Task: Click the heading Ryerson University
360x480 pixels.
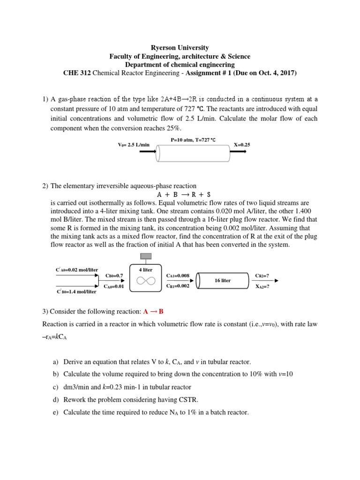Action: click(180, 48)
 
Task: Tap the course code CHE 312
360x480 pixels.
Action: click(76, 73)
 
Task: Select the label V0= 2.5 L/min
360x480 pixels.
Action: click(134, 145)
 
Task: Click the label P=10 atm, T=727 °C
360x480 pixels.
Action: click(193, 140)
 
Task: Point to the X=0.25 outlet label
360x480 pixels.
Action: click(242, 145)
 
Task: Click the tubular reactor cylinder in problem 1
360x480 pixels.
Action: click(193, 153)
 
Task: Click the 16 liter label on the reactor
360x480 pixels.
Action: click(223, 280)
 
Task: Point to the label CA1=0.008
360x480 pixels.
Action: click(178, 276)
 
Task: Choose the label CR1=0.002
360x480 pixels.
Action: click(178, 286)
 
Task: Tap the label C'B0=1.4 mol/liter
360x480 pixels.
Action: click(76, 292)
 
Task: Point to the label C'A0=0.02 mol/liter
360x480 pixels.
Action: click(77, 270)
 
